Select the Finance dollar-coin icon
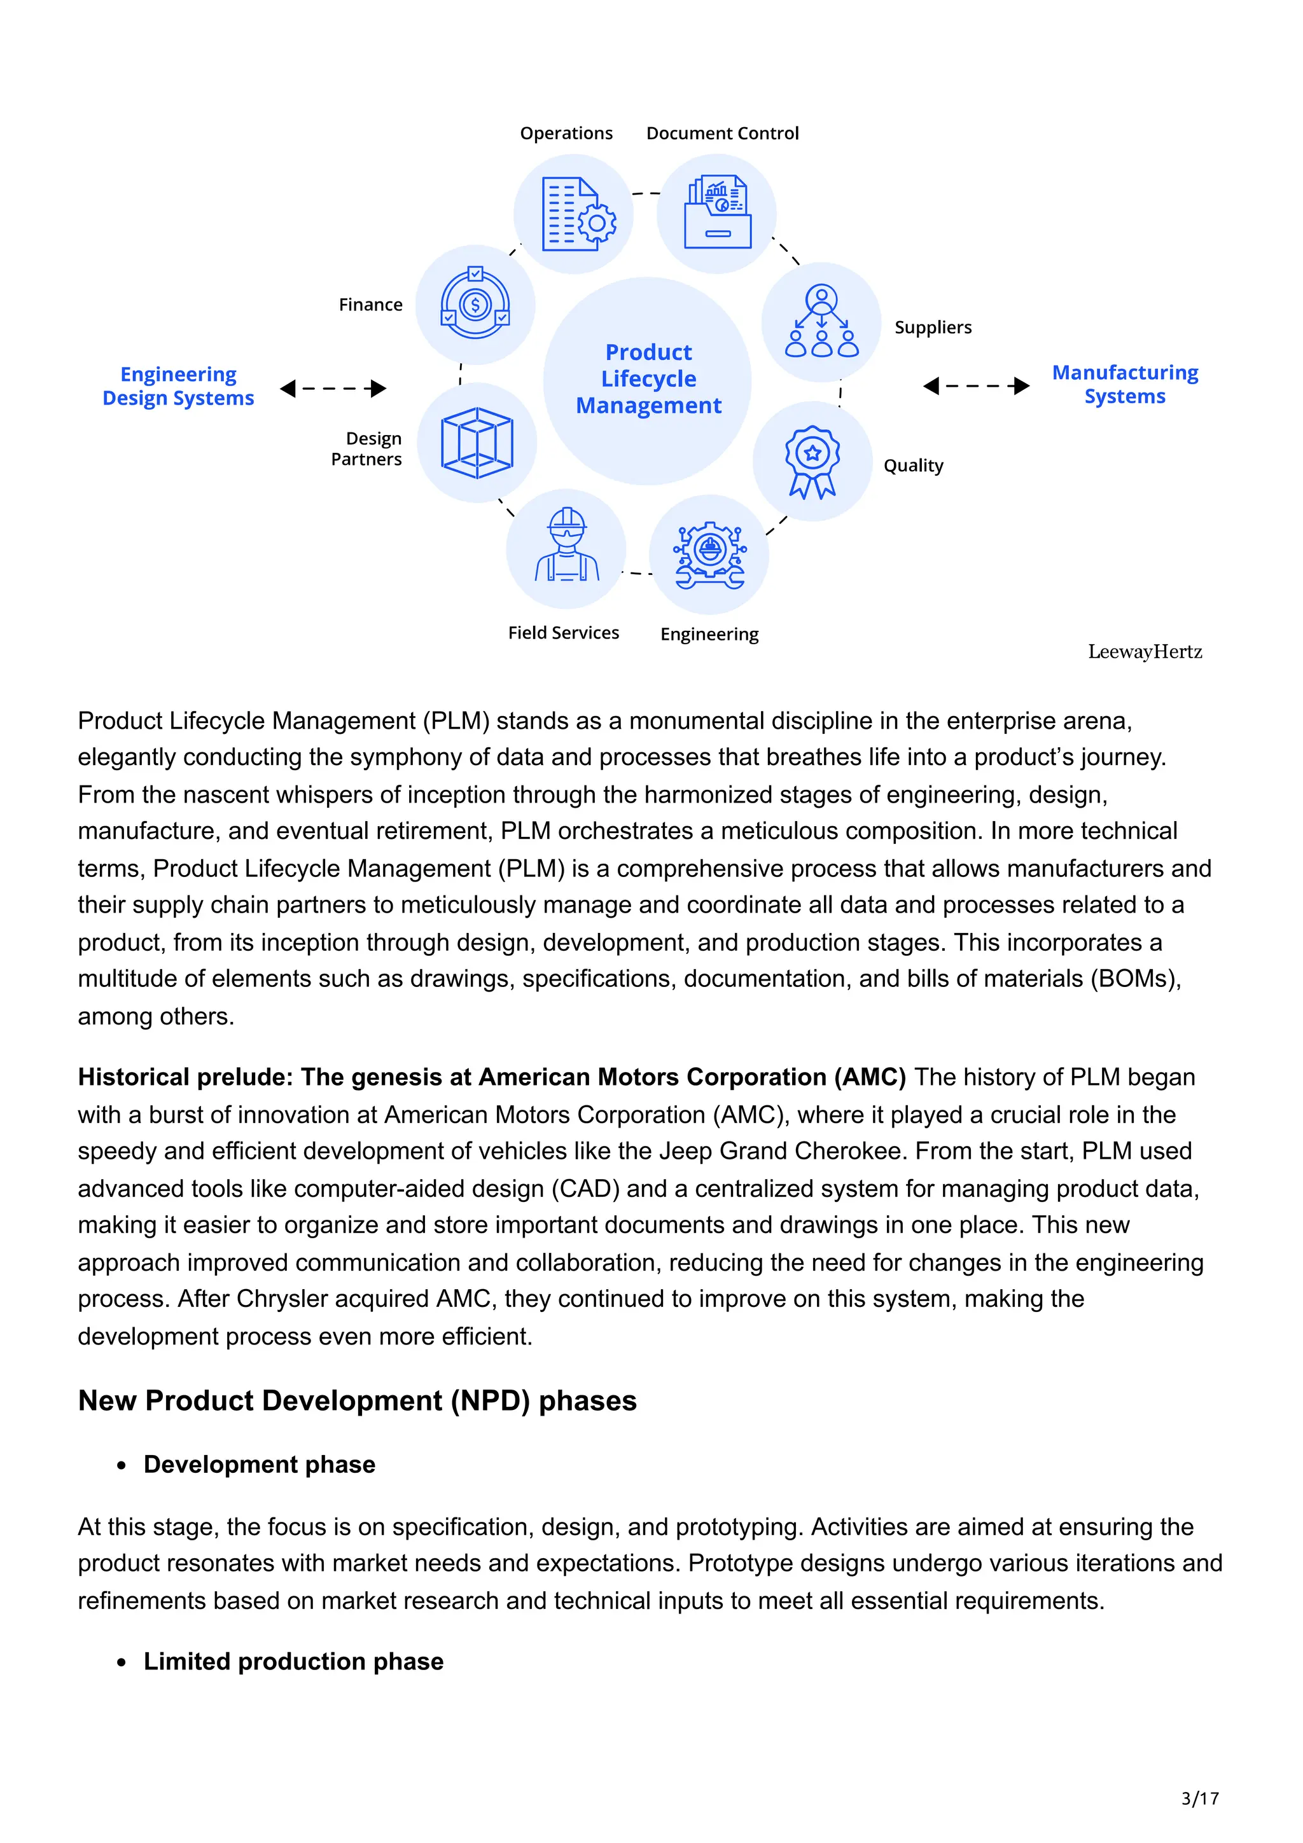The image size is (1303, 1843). (475, 304)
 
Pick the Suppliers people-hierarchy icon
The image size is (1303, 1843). (821, 321)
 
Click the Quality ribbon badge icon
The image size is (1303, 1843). (812, 462)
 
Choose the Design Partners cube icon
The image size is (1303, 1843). (477, 443)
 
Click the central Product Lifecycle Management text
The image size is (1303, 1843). (649, 379)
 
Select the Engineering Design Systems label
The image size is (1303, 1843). (178, 386)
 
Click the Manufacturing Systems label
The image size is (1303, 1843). (1125, 385)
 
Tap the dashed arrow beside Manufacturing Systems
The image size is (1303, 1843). (976, 386)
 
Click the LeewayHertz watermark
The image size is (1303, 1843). (1145, 652)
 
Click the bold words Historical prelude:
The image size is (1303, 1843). (185, 1077)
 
